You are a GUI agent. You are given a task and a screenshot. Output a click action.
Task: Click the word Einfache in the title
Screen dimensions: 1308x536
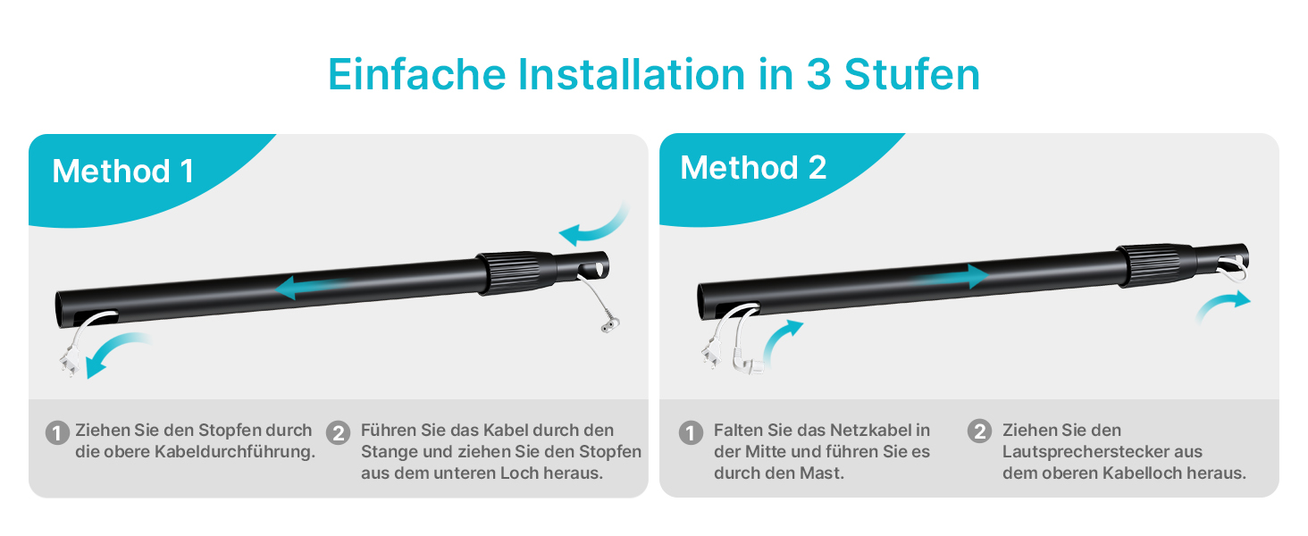pos(417,74)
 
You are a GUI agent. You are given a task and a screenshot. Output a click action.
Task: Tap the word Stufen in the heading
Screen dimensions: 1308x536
pos(911,74)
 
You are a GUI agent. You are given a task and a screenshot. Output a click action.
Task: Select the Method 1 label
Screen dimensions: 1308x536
pos(123,172)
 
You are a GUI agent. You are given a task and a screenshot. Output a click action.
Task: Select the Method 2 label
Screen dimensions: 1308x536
pos(753,168)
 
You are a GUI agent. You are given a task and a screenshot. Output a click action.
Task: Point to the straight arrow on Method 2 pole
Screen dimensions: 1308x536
pos(952,276)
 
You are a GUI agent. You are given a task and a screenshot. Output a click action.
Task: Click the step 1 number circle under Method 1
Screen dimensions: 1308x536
pos(57,433)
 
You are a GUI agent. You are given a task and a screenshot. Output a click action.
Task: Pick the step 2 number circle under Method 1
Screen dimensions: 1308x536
pos(338,433)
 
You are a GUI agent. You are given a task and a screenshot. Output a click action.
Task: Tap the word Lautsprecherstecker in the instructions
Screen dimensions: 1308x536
pos(1103,452)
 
